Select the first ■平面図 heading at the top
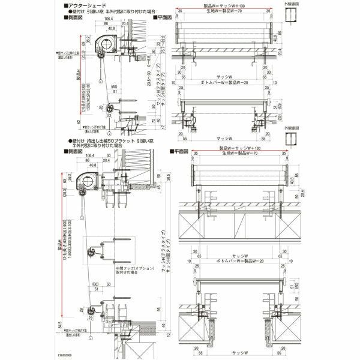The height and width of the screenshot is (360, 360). (x=164, y=18)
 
